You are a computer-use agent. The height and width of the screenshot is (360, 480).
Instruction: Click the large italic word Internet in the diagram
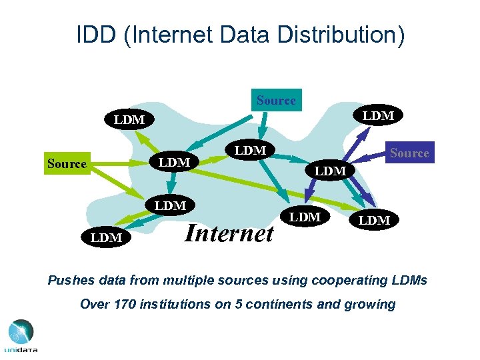[x=229, y=233]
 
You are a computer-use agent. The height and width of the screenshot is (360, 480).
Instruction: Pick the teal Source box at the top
[x=276, y=101]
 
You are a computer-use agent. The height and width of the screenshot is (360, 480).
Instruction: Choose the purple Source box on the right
[x=409, y=153]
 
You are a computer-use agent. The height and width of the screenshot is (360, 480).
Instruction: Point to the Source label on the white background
[x=67, y=163]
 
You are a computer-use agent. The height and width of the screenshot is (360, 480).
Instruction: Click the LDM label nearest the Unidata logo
[x=106, y=237]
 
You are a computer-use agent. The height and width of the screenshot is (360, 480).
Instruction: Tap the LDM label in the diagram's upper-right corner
[x=378, y=116]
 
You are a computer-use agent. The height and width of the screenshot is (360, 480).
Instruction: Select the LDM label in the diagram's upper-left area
[x=129, y=120]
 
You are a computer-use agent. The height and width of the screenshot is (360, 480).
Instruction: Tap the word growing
[x=369, y=305]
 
